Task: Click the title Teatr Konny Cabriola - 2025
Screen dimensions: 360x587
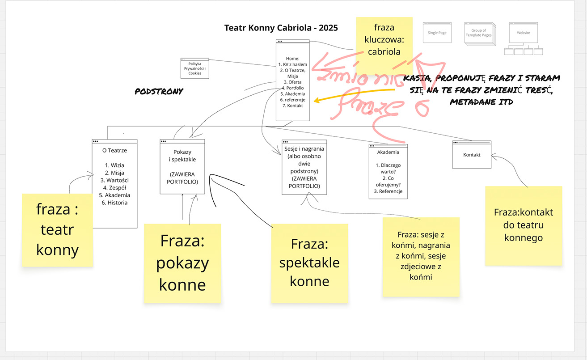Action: point(281,28)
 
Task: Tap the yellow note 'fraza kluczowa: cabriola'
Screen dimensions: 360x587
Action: point(384,40)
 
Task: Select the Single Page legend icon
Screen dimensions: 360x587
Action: point(437,33)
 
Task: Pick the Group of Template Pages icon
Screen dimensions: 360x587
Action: point(478,33)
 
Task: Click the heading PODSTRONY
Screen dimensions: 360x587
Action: point(159,91)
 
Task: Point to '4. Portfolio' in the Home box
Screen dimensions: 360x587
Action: point(292,88)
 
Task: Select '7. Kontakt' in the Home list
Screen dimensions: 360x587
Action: point(292,106)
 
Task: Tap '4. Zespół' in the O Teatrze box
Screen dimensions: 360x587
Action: point(114,188)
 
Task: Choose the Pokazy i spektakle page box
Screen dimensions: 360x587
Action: point(182,166)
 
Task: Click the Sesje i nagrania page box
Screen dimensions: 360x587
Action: point(304,167)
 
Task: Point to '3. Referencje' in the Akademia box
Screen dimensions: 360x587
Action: point(388,191)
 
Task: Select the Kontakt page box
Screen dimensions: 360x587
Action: point(472,155)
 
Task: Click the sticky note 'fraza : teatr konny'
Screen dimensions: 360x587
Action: point(57,230)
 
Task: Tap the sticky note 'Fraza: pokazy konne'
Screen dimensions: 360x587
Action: point(182,263)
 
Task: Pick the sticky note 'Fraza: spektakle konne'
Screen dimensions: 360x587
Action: point(309,263)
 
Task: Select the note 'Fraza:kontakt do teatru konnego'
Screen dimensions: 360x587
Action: point(523,225)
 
